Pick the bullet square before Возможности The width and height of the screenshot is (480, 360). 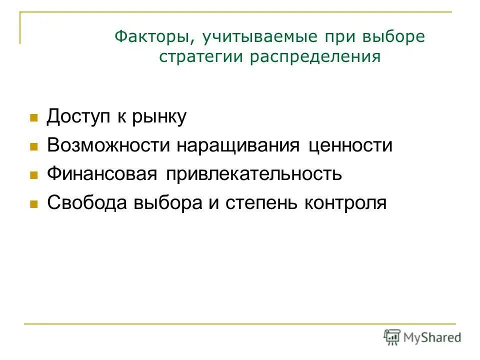(34, 147)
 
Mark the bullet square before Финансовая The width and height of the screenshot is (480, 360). (34, 175)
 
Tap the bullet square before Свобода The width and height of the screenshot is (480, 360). (34, 204)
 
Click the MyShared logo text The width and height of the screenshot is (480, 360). (432, 337)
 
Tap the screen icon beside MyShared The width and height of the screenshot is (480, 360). (392, 337)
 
